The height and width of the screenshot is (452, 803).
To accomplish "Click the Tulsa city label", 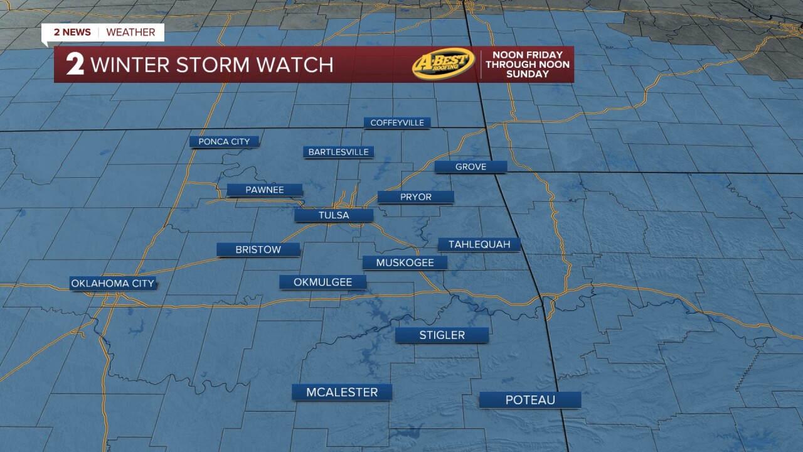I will coord(334,215).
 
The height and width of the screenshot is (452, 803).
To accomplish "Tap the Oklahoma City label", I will coord(112,284).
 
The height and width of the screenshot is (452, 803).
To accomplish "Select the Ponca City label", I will coord(224,142).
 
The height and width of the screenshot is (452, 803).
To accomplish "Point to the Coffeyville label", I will coord(397,123).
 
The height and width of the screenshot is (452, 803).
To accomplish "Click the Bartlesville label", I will coord(338,153).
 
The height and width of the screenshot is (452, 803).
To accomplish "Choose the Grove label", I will coord(471,167).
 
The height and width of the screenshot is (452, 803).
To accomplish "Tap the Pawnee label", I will coord(265,190).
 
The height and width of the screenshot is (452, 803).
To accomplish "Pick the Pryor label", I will coord(416,197).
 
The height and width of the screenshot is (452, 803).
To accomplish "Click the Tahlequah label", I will coord(479,244).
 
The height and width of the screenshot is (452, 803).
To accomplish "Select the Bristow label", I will coord(258,250).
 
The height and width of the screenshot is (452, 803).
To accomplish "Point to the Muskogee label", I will coord(405,263).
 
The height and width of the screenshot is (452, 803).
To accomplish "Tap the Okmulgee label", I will coord(322,282).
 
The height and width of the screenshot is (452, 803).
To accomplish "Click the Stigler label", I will coord(442,335).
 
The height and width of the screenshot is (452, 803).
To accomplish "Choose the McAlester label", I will coord(342,392).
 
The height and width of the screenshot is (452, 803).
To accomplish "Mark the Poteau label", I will coord(530,400).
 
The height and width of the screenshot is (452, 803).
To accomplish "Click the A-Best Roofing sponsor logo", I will coord(444,64).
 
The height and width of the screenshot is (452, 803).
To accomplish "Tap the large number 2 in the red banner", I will coord(75,65).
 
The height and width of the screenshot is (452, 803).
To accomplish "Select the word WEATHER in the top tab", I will coord(131,32).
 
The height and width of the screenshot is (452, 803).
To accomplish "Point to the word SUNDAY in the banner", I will coord(527,74).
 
